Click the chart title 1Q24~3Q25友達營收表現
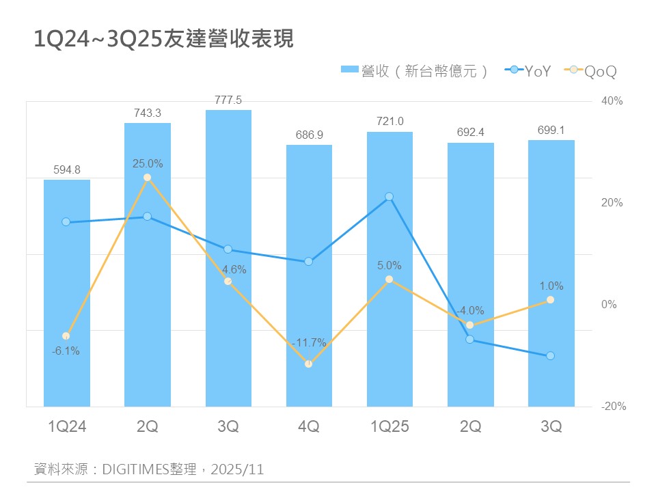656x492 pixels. click(164, 39)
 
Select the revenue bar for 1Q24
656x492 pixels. click(67, 294)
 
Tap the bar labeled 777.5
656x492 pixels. click(228, 260)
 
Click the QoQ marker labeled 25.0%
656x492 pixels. click(148, 178)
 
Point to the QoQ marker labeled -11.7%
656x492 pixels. click(309, 364)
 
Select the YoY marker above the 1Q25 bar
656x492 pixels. click(389, 197)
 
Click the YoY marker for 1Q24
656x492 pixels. click(66, 222)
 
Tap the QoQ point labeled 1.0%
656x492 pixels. click(551, 300)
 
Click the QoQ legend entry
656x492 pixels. click(592, 70)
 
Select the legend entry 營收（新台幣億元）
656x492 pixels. click(415, 70)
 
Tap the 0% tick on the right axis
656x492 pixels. click(609, 305)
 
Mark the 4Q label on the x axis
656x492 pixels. click(309, 427)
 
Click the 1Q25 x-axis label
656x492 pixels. click(389, 427)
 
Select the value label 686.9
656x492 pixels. click(309, 135)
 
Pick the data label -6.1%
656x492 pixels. click(66, 351)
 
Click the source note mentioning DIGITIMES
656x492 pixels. click(149, 469)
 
